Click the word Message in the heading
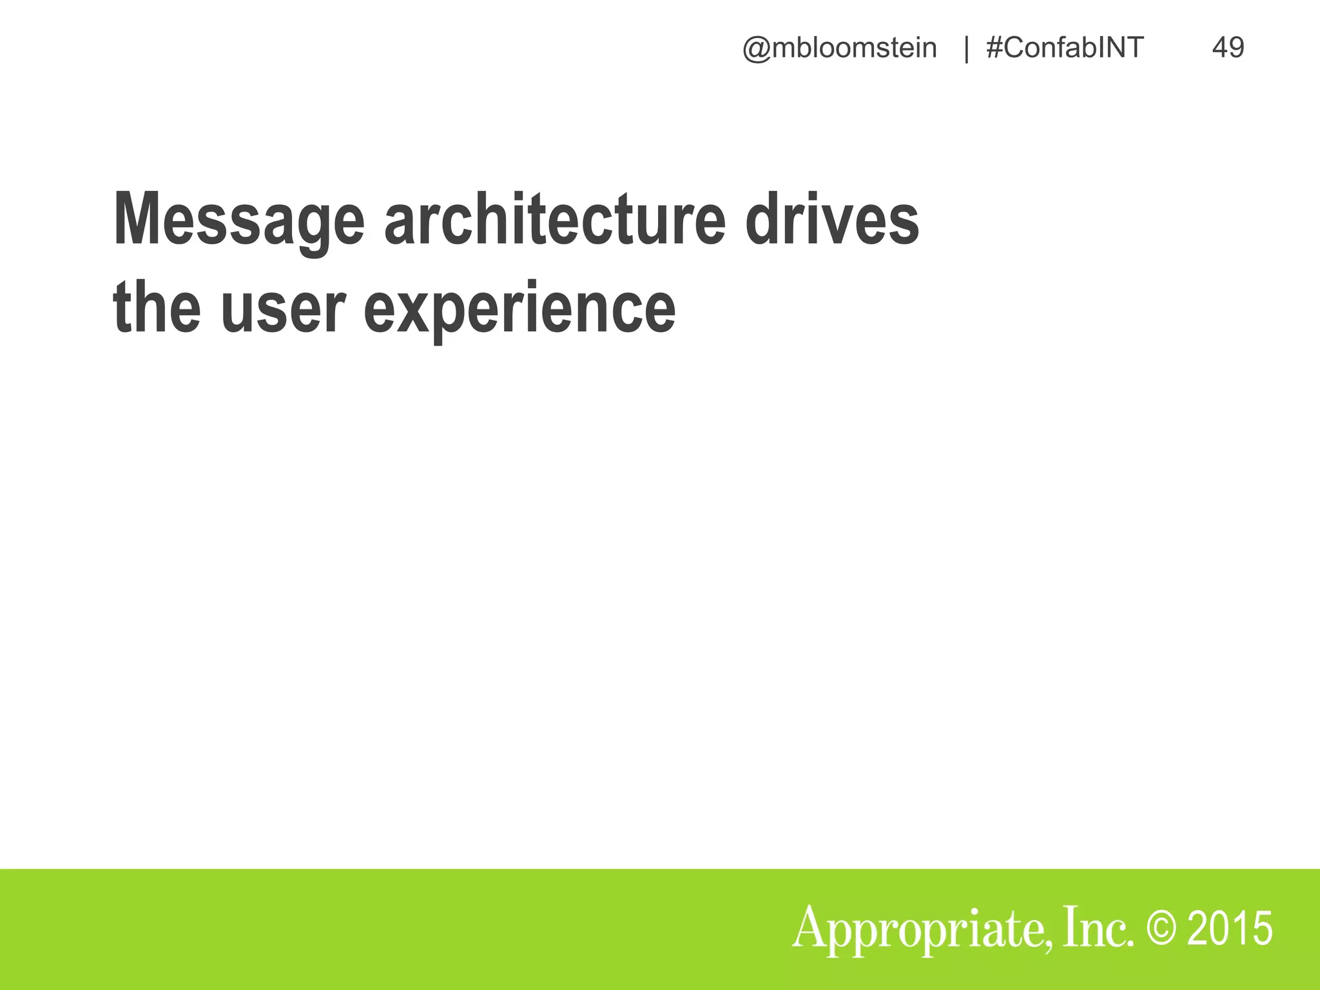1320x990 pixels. (x=238, y=220)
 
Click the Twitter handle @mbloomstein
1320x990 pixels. (x=839, y=48)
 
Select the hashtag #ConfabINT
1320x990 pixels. (x=1065, y=48)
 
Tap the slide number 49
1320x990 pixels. (x=1228, y=48)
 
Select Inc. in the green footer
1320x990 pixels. (x=1098, y=928)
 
